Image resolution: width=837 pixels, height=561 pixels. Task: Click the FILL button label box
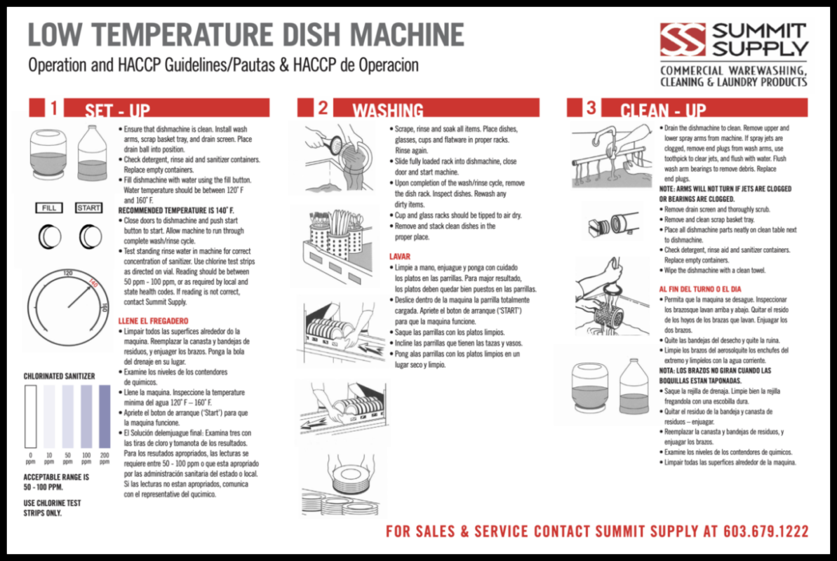click(x=49, y=208)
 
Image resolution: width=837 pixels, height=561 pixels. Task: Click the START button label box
click(x=89, y=208)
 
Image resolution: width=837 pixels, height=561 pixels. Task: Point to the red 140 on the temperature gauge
click(x=92, y=283)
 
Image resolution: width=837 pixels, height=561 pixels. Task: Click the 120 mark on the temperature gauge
click(x=68, y=273)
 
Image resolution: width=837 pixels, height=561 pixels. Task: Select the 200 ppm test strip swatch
click(x=105, y=416)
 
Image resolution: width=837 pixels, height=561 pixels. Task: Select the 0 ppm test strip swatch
click(x=30, y=416)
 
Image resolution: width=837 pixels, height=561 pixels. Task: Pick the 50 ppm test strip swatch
click(x=67, y=416)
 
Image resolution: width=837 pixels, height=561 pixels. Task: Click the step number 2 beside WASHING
click(x=322, y=107)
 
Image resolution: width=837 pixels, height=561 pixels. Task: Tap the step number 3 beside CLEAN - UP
click(x=591, y=107)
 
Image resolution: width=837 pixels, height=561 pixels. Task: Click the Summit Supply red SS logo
click(x=683, y=39)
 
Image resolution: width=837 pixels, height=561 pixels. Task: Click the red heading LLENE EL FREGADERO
click(x=154, y=320)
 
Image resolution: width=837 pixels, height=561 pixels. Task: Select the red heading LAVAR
click(x=400, y=257)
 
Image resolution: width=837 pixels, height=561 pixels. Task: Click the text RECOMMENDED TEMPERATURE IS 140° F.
click(x=176, y=210)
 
